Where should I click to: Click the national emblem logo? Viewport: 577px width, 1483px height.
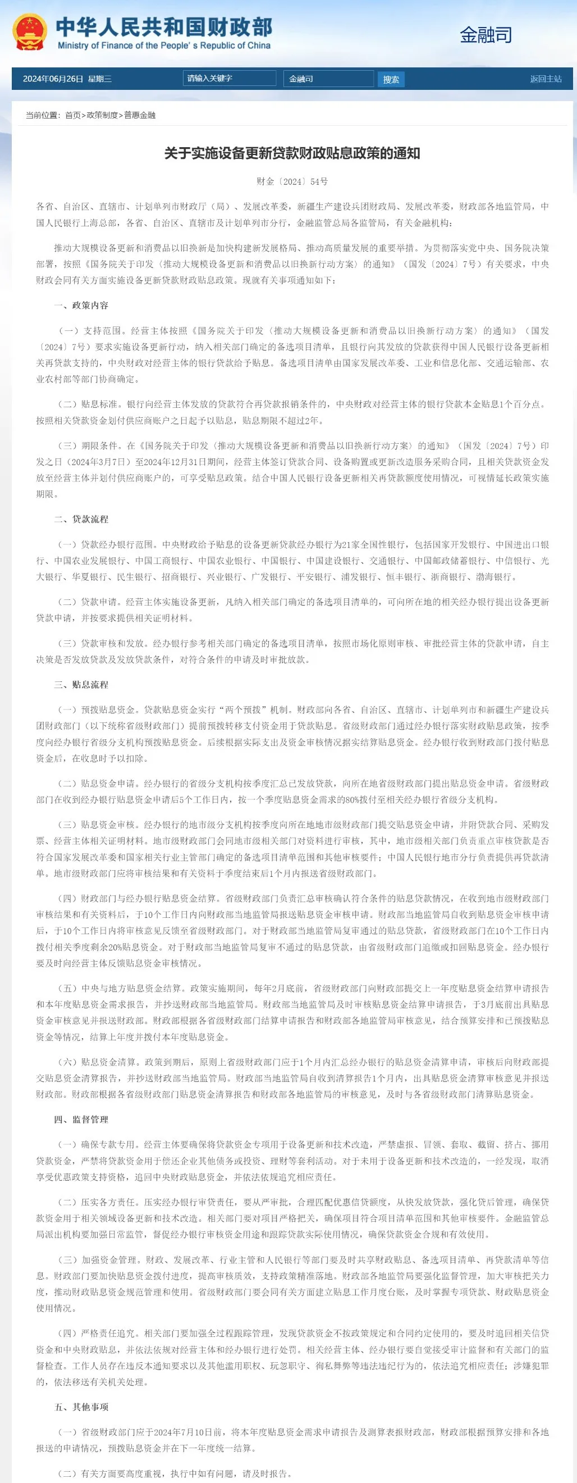30,33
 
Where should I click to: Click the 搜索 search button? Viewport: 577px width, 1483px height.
391,79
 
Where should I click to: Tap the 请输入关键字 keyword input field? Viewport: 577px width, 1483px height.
229,78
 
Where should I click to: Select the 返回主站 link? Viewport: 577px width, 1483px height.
546,79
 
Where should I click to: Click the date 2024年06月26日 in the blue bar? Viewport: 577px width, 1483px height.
53,79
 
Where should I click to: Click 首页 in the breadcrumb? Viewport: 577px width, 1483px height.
72,115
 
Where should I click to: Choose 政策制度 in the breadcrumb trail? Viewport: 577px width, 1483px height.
102,115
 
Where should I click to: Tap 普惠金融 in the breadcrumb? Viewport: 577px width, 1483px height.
140,115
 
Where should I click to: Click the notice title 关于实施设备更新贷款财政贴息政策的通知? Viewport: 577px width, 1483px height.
292,153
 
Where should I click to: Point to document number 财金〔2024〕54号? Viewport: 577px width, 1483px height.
292,181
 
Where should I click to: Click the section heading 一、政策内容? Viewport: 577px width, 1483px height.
81,305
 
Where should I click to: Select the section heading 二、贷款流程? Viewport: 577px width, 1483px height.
81,518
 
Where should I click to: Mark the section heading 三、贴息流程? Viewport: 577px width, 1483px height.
81,685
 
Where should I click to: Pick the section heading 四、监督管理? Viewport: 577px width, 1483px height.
81,1119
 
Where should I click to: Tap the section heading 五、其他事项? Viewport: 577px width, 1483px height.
81,1407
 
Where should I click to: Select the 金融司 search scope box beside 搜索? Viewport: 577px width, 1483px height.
328,79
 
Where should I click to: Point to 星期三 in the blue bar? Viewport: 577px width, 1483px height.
100,79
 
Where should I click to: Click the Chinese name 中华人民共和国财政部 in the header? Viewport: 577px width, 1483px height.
164,26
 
